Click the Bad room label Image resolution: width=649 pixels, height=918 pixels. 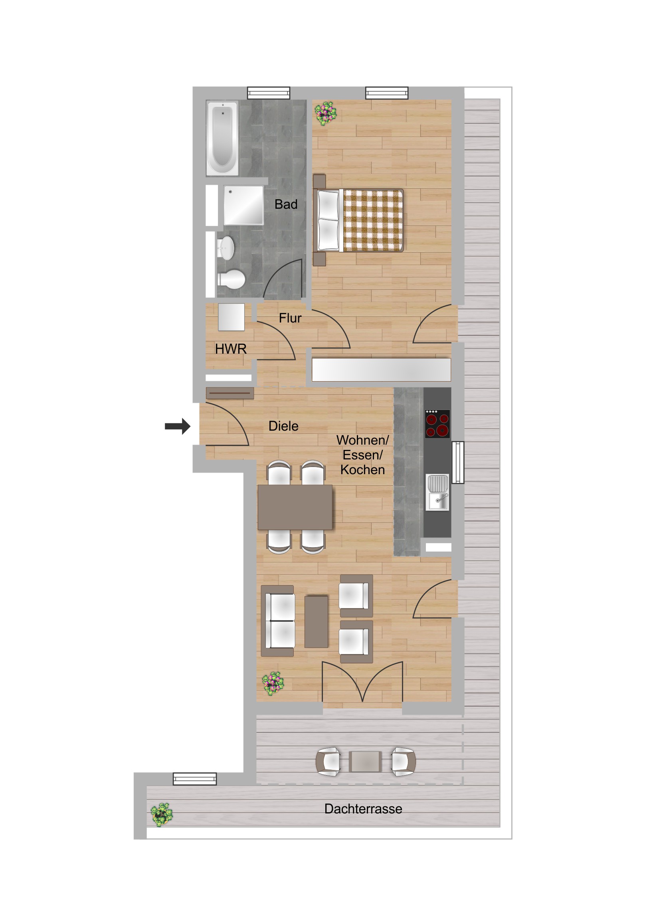click(x=286, y=204)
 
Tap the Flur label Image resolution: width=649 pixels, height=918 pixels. click(x=290, y=318)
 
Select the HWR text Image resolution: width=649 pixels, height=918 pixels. click(x=231, y=349)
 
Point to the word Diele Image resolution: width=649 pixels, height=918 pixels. click(x=283, y=426)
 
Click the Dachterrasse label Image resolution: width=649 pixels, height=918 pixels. click(x=363, y=809)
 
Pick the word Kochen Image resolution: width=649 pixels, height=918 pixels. click(x=362, y=470)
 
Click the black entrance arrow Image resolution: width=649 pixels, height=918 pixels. click(x=178, y=426)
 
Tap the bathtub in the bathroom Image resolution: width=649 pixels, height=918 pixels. click(x=222, y=138)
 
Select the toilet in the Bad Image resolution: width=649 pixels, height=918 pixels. click(x=232, y=279)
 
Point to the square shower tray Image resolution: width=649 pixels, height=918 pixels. click(x=243, y=205)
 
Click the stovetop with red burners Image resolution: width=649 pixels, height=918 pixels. click(x=437, y=424)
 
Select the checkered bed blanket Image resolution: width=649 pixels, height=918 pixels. click(x=373, y=221)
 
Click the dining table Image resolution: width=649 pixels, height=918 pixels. click(x=295, y=507)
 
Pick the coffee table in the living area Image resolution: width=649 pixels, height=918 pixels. click(x=316, y=622)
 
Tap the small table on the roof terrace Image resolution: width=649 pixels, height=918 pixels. click(x=365, y=761)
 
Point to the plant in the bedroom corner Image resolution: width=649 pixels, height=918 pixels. click(x=325, y=113)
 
